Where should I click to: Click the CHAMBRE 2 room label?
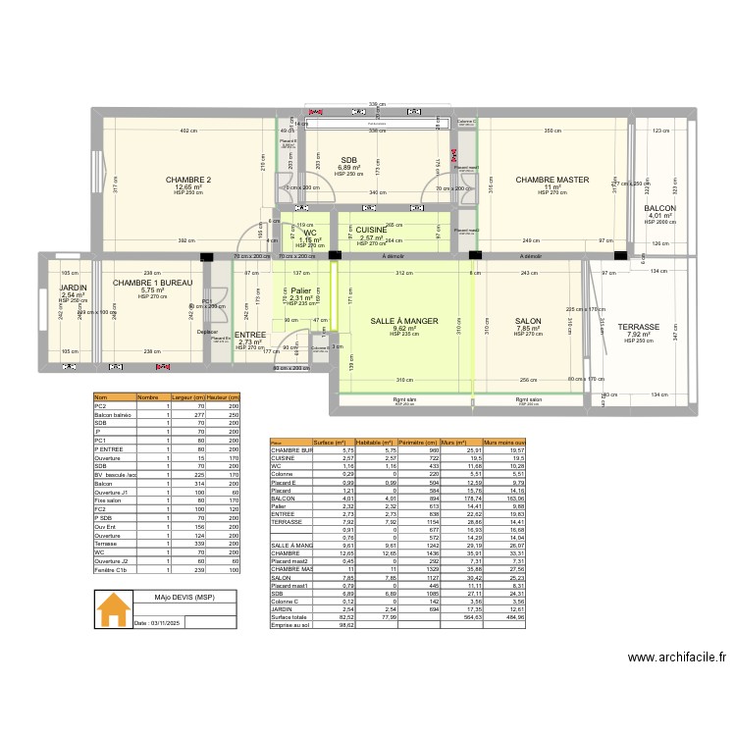[x=188, y=180]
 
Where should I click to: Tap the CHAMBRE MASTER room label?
[x=552, y=180]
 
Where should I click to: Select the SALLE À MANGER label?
[x=403, y=321]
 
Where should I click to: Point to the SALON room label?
[x=528, y=321]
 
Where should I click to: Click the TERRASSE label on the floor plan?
[x=638, y=327]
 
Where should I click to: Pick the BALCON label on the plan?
[x=659, y=209]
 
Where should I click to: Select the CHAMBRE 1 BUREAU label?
[x=152, y=284]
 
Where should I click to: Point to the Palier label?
[x=300, y=290]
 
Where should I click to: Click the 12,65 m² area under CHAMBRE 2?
[x=188, y=187]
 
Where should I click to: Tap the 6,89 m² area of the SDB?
[x=349, y=168]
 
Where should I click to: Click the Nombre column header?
[x=147, y=397]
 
